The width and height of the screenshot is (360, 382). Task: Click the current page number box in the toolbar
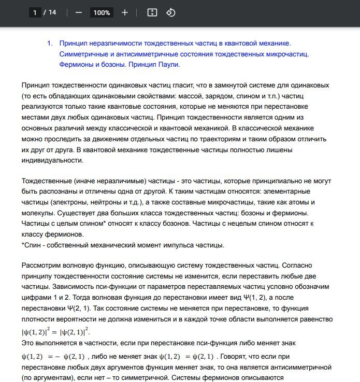tap(35, 12)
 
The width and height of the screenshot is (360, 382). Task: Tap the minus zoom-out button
tap(79, 12)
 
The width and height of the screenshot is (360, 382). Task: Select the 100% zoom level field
tap(102, 12)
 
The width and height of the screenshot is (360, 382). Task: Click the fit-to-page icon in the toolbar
tap(152, 12)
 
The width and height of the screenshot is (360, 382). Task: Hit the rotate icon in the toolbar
tap(171, 12)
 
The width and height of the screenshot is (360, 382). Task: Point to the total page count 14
tap(52, 12)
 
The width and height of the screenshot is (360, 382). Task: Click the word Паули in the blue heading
tap(167, 65)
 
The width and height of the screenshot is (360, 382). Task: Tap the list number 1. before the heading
tap(50, 43)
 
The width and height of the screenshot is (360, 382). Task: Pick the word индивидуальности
tap(52, 160)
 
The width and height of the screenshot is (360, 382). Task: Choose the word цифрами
tap(36, 298)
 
